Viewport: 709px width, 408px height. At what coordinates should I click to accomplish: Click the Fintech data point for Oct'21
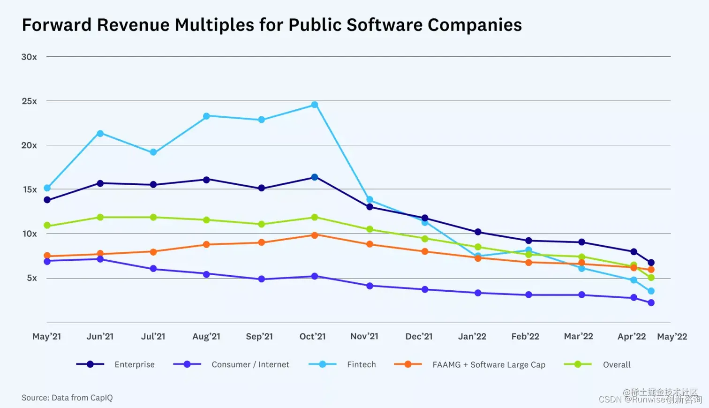(315, 105)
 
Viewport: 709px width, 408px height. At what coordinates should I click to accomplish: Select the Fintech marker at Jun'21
(100, 134)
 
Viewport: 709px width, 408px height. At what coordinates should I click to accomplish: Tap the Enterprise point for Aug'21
(206, 180)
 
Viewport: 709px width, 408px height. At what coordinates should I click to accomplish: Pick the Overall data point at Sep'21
(262, 224)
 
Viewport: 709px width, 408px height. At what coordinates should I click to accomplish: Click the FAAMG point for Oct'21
(315, 235)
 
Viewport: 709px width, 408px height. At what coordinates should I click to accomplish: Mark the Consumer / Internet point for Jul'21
(153, 269)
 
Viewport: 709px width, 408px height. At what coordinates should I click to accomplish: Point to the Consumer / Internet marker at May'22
(651, 303)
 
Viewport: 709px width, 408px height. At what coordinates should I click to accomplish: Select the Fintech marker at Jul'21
(153, 152)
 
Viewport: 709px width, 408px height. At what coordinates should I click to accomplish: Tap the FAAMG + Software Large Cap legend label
(489, 364)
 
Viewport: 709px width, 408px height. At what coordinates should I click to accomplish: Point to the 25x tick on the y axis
(29, 101)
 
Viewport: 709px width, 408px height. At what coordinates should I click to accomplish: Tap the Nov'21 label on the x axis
(364, 336)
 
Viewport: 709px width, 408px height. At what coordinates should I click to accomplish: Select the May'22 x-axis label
(672, 336)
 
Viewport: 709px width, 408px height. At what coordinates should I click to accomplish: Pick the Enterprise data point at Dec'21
(425, 218)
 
